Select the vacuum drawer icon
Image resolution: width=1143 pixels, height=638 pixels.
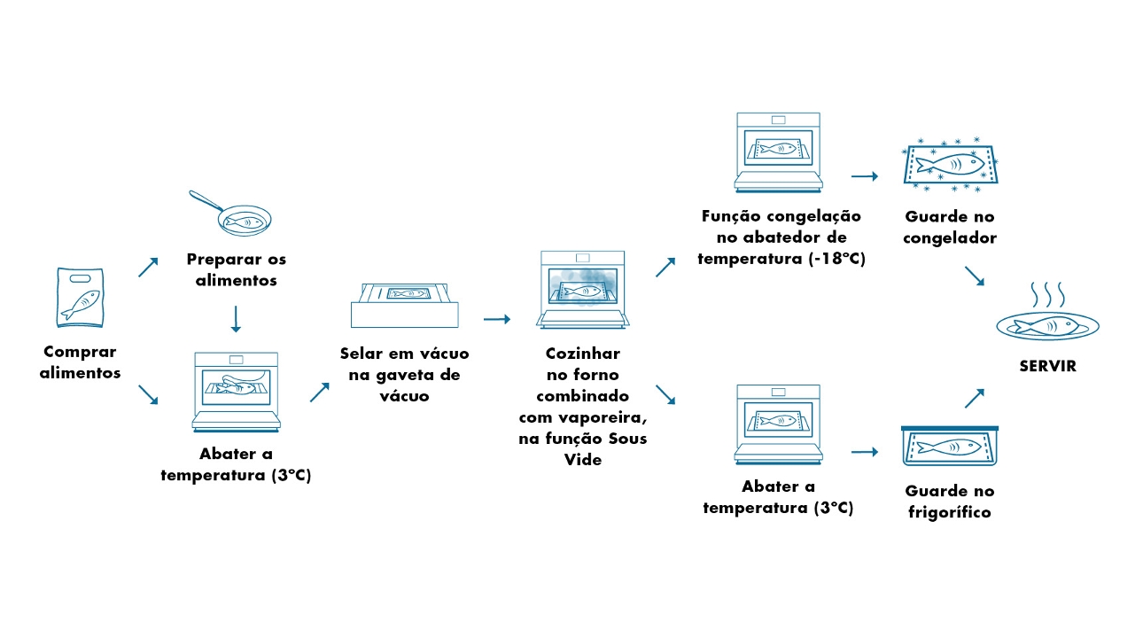pyautogui.click(x=408, y=304)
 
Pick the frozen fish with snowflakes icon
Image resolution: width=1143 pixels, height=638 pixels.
pyautogui.click(x=949, y=165)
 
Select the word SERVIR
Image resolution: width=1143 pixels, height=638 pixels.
pyautogui.click(x=1046, y=365)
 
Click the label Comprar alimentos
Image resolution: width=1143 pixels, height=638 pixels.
pyautogui.click(x=80, y=362)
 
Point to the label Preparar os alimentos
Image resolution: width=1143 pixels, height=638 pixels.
pyautogui.click(x=237, y=269)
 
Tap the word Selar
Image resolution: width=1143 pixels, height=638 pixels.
pyautogui.click(x=362, y=354)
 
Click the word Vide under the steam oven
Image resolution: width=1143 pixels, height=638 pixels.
pyautogui.click(x=582, y=460)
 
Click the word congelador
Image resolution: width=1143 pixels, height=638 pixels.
pyautogui.click(x=950, y=237)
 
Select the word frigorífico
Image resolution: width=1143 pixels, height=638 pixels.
pyautogui.click(x=949, y=512)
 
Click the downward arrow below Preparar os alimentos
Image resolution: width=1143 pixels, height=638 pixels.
pyautogui.click(x=236, y=319)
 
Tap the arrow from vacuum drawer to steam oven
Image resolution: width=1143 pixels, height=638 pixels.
pyautogui.click(x=497, y=318)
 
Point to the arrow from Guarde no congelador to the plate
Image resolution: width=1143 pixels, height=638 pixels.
pyautogui.click(x=974, y=276)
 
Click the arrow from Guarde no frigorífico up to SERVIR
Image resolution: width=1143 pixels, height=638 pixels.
pyautogui.click(x=974, y=398)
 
